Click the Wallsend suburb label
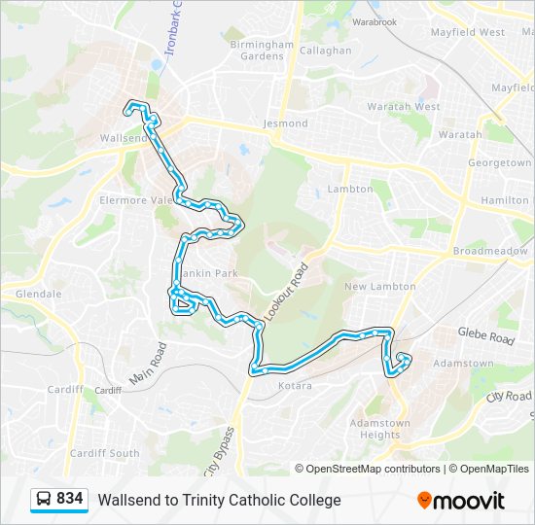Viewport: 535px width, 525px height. tap(123, 138)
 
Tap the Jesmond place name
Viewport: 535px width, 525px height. tap(285, 123)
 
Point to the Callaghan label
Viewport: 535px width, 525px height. tap(325, 51)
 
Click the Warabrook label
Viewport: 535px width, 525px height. tap(374, 20)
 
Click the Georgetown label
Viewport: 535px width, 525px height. tap(500, 163)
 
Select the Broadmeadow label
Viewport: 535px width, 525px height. tap(490, 251)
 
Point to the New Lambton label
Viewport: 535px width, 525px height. tap(379, 287)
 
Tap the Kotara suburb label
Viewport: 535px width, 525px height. tap(295, 386)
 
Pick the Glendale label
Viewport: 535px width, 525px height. tap(39, 294)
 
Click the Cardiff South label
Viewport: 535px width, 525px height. tap(104, 453)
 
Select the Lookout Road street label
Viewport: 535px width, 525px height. tap(299, 285)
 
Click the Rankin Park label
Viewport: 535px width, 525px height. tap(214, 273)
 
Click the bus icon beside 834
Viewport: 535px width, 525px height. tap(44, 500)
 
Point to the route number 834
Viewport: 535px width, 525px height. tap(70, 499)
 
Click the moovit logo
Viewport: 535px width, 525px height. tap(461, 500)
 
